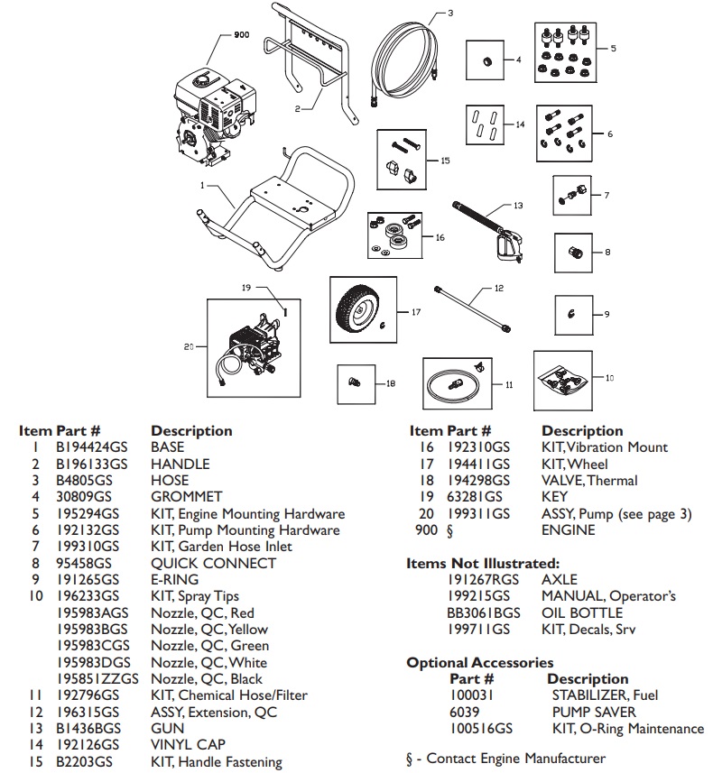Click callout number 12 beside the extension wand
click(x=498, y=288)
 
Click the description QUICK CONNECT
click(x=213, y=563)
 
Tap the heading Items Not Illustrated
click(x=483, y=563)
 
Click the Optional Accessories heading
click(x=479, y=662)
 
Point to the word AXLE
click(x=559, y=579)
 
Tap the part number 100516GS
click(x=481, y=728)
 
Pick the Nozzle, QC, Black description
click(x=207, y=678)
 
